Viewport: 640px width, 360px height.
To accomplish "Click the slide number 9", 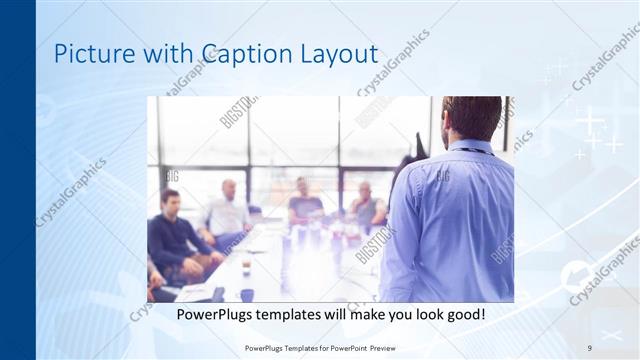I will click(589, 347).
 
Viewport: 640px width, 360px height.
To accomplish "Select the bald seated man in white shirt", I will click(229, 210).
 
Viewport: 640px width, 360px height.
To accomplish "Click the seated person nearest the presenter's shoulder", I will click(366, 205).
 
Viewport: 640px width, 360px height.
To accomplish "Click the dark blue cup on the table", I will click(247, 294).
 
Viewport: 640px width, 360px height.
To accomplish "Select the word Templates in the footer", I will click(294, 347).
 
